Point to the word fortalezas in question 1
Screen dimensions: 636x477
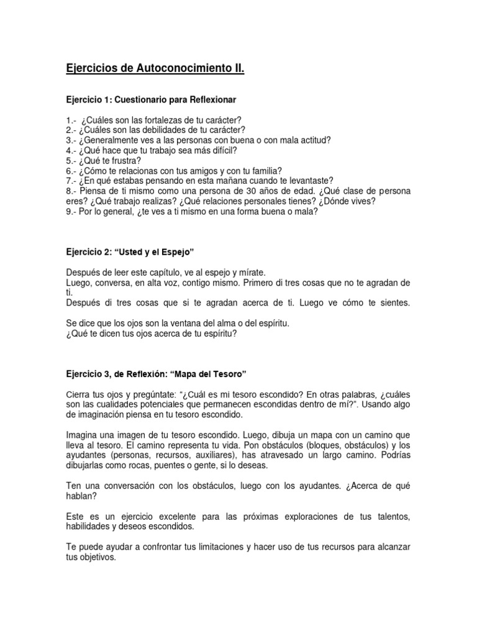157,120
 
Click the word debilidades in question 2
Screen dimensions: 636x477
161,130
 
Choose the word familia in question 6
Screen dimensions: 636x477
262,170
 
